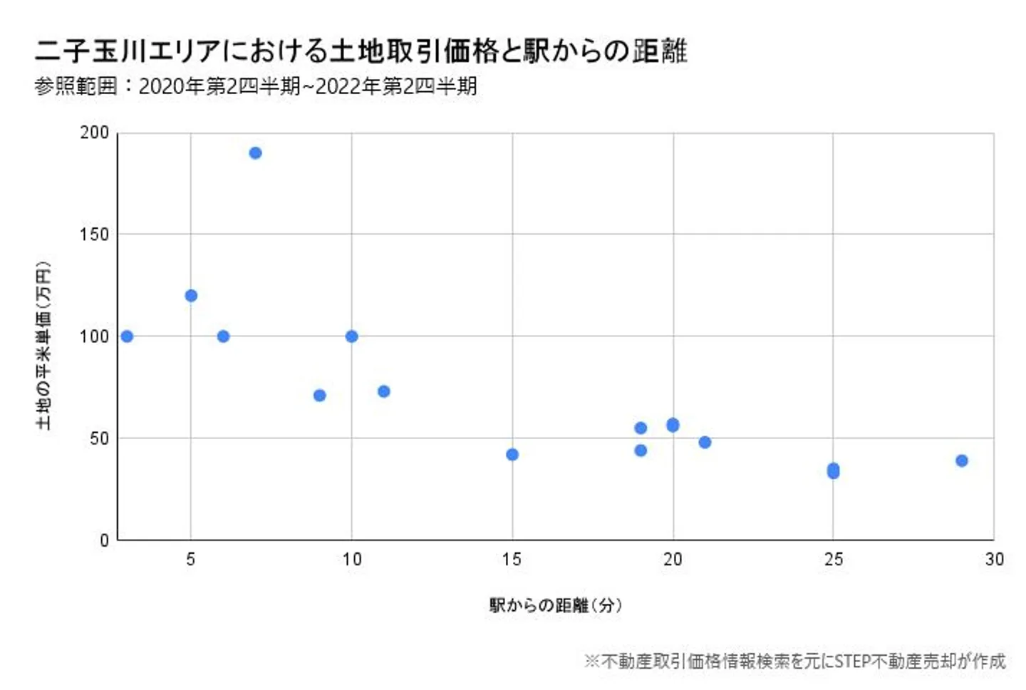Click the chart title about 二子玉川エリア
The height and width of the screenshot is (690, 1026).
pyautogui.click(x=361, y=51)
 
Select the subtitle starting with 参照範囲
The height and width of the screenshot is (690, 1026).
pyautogui.click(x=255, y=86)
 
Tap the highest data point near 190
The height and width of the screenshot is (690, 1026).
pyautogui.click(x=255, y=153)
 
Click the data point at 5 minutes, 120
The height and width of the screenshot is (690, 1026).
pyautogui.click(x=191, y=296)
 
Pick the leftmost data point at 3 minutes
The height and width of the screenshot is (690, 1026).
pyautogui.click(x=127, y=336)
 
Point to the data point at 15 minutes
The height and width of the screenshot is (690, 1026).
pyautogui.click(x=512, y=455)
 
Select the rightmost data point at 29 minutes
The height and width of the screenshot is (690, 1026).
pyautogui.click(x=962, y=461)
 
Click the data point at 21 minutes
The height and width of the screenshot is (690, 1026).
pyautogui.click(x=705, y=443)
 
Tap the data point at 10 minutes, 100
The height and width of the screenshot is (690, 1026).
pyautogui.click(x=351, y=336)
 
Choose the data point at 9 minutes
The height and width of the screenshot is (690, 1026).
pyautogui.click(x=319, y=396)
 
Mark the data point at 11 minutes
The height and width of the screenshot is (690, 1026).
pyautogui.click(x=383, y=391)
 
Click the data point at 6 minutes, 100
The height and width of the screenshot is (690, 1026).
pyautogui.click(x=223, y=336)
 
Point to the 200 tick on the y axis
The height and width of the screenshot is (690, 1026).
pyautogui.click(x=94, y=133)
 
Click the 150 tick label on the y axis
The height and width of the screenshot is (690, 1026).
pyautogui.click(x=94, y=235)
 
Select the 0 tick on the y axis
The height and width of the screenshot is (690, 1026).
pyautogui.click(x=104, y=540)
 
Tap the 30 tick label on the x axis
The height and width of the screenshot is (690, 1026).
pyautogui.click(x=994, y=560)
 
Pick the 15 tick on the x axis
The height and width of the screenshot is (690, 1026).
pyautogui.click(x=512, y=560)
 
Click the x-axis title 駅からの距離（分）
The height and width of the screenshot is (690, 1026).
pyautogui.click(x=556, y=605)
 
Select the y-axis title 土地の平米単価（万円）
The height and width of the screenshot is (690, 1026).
pyautogui.click(x=43, y=346)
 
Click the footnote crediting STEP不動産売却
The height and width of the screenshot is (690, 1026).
pyautogui.click(x=794, y=661)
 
